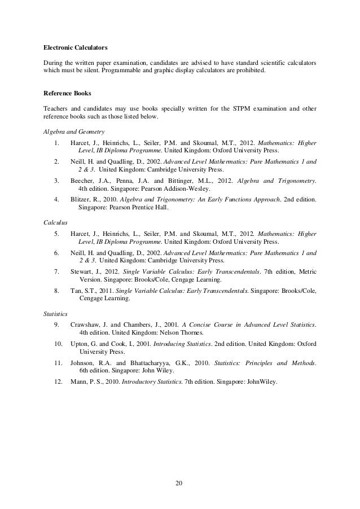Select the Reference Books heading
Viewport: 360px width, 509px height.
tap(67, 93)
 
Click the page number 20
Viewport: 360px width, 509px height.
tap(179, 484)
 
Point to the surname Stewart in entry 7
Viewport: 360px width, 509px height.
tap(82, 272)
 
